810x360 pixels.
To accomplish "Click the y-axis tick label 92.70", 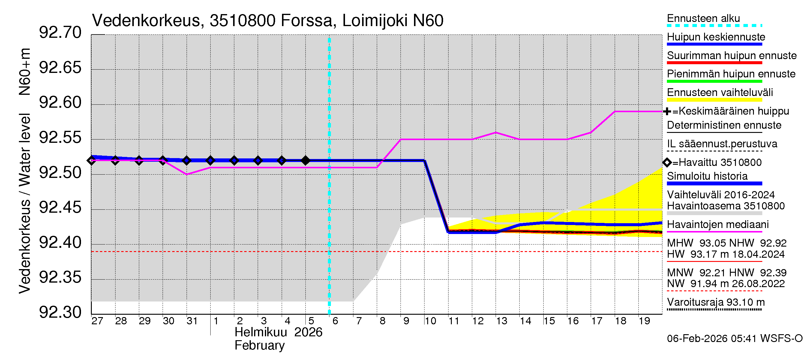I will [x=60, y=33].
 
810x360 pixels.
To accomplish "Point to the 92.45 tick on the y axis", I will [x=60, y=208].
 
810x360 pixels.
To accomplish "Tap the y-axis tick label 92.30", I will [x=60, y=312].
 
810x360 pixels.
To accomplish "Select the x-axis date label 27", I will [x=97, y=321].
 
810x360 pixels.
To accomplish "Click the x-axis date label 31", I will [x=192, y=321].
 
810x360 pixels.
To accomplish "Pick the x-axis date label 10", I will [x=430, y=321].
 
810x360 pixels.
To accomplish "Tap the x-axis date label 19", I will [x=644, y=321].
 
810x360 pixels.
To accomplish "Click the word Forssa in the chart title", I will [x=306, y=21].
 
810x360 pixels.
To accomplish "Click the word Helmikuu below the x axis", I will [x=261, y=332].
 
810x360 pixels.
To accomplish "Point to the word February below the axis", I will [x=259, y=346].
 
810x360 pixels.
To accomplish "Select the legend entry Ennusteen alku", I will [x=703, y=19].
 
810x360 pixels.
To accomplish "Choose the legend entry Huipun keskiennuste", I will [x=716, y=37].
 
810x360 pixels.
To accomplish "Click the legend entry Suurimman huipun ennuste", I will [x=732, y=56].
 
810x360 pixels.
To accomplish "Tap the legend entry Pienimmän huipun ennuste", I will [x=731, y=74].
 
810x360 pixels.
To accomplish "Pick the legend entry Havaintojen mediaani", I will [x=718, y=224].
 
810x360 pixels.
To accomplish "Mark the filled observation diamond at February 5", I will [x=305, y=161].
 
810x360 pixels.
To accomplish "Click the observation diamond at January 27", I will [x=91, y=161].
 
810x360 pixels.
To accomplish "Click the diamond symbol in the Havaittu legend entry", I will [x=667, y=163].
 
